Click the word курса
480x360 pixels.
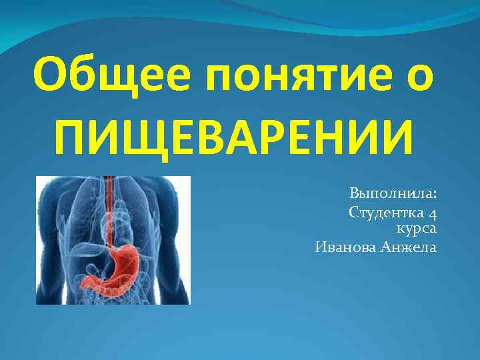(x=417, y=229)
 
